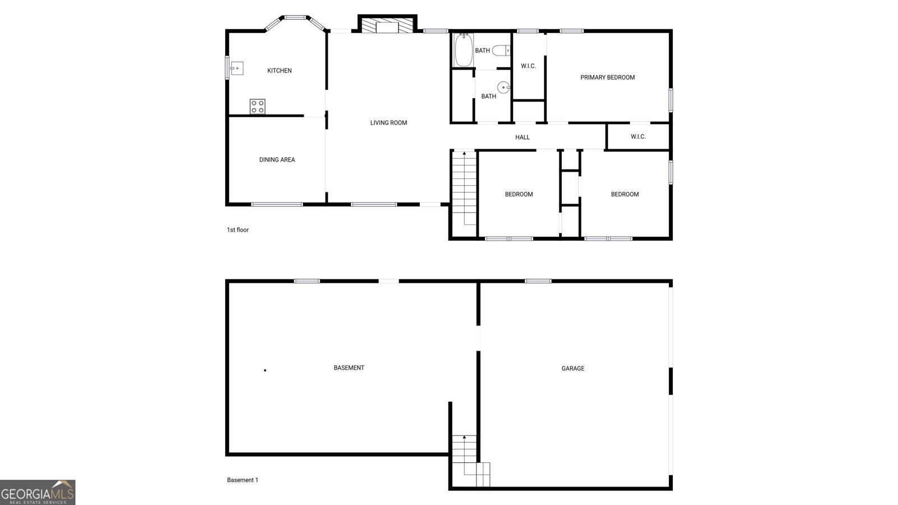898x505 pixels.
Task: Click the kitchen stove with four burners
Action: (258, 107)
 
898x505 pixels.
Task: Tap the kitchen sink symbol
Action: (237, 68)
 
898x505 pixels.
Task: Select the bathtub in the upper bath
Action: (463, 50)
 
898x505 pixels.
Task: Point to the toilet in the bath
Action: (501, 50)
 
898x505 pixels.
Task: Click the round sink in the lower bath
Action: (504, 87)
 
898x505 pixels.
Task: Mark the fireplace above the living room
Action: (387, 26)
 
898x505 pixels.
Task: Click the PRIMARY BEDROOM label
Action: (607, 77)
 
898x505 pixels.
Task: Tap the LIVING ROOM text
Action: (388, 123)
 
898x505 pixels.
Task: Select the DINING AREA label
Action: (277, 160)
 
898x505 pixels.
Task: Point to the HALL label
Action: (523, 137)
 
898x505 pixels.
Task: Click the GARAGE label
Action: (572, 369)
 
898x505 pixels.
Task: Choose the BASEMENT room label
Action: (349, 368)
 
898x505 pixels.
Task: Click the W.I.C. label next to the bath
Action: (528, 66)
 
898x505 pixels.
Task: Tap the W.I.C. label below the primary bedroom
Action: (638, 137)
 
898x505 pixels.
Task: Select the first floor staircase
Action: (464, 188)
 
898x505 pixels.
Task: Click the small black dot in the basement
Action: (265, 370)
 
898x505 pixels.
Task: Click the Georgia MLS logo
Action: (38, 493)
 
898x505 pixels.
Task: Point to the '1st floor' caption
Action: (237, 230)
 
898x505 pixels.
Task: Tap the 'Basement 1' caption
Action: (242, 480)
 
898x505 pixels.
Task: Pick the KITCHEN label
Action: (280, 71)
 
